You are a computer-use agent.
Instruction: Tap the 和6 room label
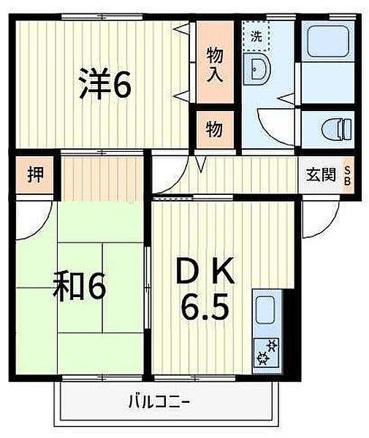(x=80, y=286)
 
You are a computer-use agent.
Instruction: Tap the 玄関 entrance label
(x=321, y=175)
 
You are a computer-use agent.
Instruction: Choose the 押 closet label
(x=34, y=176)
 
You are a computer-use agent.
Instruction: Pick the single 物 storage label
(x=213, y=129)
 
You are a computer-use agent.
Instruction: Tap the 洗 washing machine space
(x=256, y=34)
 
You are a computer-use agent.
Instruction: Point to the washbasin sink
(x=259, y=70)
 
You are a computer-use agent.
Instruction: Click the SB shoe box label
(x=348, y=175)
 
